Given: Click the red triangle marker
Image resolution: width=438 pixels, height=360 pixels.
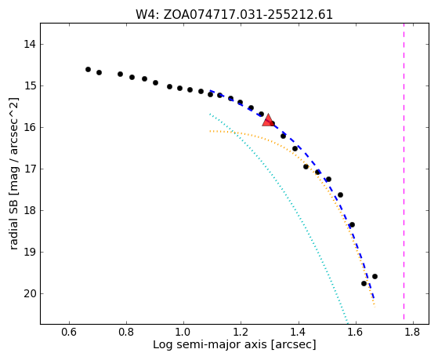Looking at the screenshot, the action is point(268,120).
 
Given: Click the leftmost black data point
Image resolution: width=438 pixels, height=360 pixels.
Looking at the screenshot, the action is point(88,69).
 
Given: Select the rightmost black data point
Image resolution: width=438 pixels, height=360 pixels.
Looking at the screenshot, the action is point(375,276).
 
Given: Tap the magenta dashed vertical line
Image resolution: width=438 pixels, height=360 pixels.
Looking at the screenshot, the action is point(404,171).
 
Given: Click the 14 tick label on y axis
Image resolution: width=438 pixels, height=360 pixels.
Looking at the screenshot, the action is point(30,44).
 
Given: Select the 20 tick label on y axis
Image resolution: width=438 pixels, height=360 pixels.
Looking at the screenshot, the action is point(30,293).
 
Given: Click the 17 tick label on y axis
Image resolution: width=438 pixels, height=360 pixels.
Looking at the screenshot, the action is point(30,169).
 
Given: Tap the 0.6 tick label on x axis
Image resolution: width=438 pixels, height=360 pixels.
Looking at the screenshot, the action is point(69,332).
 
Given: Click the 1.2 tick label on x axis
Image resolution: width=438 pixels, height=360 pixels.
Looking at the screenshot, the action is point(241,332).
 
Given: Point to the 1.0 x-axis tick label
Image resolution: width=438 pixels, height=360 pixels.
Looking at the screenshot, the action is point(183,332).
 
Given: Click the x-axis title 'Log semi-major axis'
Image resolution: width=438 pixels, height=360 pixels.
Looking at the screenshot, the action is point(210,345).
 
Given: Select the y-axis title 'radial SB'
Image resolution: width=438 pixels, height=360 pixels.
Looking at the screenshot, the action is point(13,229).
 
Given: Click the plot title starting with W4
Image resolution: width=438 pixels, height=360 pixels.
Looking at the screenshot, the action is point(234,15).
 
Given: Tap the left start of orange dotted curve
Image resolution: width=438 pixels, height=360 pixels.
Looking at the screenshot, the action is point(210,131).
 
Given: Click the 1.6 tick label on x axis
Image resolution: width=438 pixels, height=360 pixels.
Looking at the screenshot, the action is point(355,332).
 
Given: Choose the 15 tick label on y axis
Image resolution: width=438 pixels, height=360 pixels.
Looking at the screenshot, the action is point(30,85).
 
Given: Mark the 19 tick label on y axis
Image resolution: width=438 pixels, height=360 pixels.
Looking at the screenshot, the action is point(30,252).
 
